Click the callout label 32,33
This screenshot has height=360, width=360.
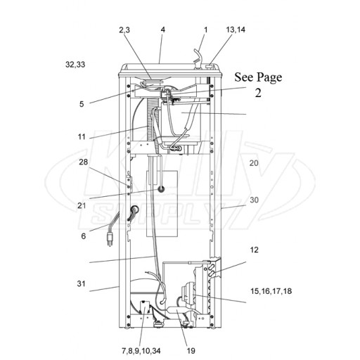pos(75,65)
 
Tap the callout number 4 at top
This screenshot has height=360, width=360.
pos(163,30)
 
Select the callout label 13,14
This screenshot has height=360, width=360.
pos(236,30)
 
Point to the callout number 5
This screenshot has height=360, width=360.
pos(82,104)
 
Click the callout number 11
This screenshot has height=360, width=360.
pos(82,136)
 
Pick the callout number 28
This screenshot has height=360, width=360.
pos(83,162)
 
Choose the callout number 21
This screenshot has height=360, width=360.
pos(82,205)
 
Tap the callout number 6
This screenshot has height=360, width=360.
pos(84,236)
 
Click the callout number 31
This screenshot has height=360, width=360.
pos(81,283)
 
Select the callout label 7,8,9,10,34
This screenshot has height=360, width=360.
pos(141,351)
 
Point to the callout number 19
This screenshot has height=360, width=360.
pos(191,351)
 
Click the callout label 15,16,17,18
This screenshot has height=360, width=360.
pos(271,291)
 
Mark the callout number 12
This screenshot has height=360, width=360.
pos(255,250)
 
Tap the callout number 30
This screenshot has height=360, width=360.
pos(254,200)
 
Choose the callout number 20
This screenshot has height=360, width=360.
pos(254,163)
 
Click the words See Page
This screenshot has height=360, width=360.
pos(258,77)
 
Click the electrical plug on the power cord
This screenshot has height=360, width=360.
pos(110,239)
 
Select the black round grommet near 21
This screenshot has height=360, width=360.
pos(161,189)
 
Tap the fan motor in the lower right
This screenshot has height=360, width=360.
pos(187,295)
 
